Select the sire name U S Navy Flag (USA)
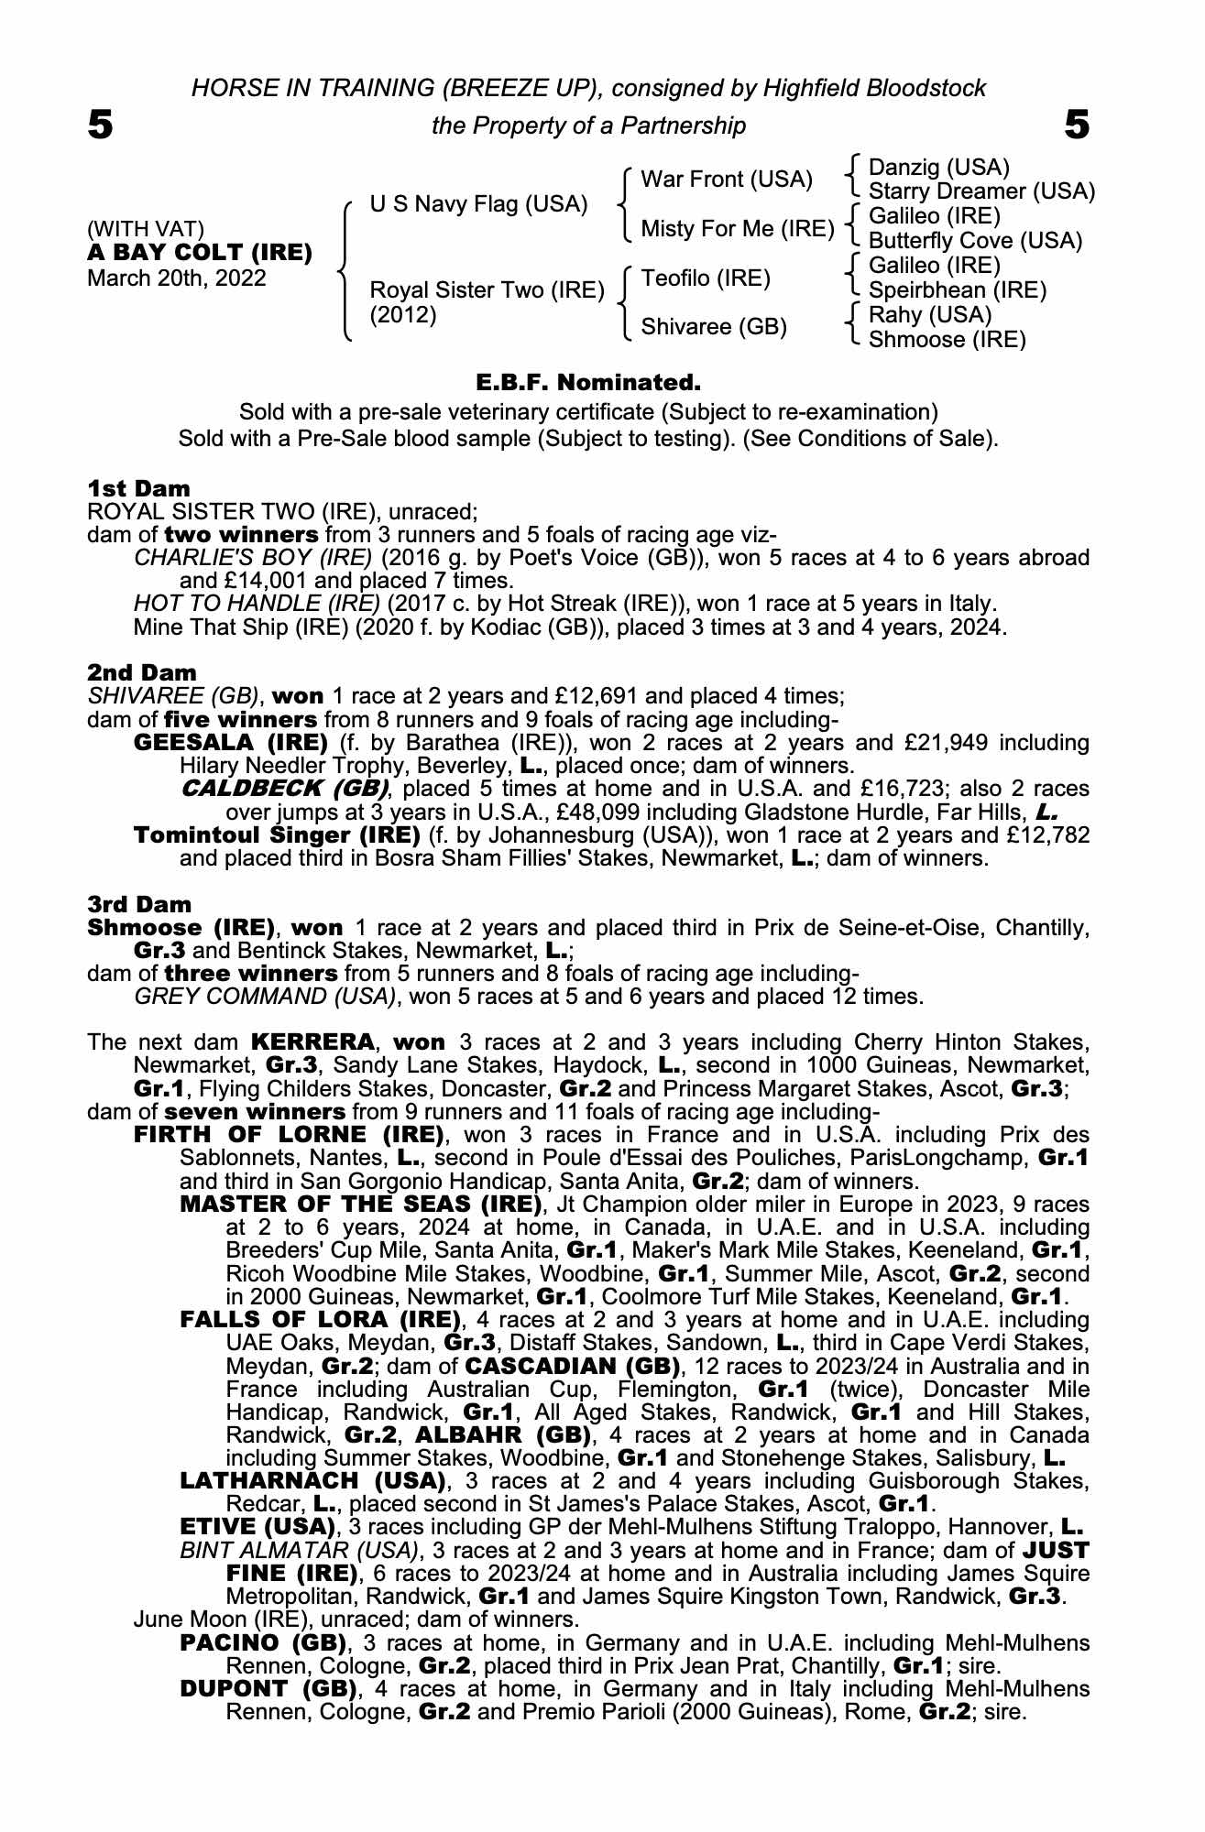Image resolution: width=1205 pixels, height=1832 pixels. click(x=478, y=204)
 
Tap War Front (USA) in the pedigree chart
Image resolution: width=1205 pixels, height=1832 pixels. click(x=727, y=180)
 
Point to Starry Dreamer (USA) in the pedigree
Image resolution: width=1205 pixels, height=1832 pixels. click(x=981, y=191)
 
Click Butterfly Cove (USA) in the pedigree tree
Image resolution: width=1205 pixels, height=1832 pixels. click(x=975, y=241)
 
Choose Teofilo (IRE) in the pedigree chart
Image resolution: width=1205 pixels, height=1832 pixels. click(x=705, y=278)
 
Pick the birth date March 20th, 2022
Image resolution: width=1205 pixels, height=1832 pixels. click(x=177, y=278)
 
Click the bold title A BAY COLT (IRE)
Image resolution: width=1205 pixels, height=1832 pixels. click(x=200, y=253)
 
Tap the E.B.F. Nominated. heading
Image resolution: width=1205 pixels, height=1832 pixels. click(x=588, y=381)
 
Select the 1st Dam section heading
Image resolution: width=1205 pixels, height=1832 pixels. click(x=138, y=488)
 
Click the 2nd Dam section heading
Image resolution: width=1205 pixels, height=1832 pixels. click(x=141, y=673)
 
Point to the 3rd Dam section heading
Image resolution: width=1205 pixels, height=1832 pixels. click(x=139, y=904)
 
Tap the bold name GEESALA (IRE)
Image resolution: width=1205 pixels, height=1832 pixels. click(x=231, y=743)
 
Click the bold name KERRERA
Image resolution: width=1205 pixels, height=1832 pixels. click(x=312, y=1042)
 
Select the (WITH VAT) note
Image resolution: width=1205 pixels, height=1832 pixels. click(x=146, y=228)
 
